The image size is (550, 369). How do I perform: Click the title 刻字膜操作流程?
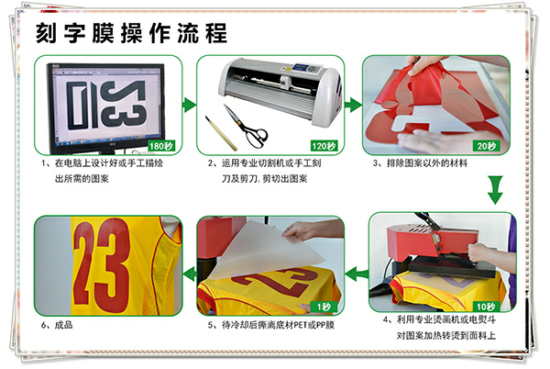[x=131, y=33]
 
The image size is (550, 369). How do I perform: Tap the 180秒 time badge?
[x=161, y=146]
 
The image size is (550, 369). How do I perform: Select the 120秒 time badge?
[x=324, y=146]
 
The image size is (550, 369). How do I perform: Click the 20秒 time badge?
[x=487, y=146]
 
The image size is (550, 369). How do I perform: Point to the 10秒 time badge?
[x=486, y=307]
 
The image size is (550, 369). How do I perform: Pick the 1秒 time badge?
[x=324, y=307]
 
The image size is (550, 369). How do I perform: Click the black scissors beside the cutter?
[x=247, y=127]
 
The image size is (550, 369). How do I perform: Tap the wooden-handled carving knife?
[x=221, y=133]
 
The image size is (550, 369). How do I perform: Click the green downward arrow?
[x=495, y=190]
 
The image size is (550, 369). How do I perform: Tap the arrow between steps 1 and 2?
[x=190, y=105]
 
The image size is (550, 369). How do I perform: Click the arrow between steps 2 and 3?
[x=353, y=105]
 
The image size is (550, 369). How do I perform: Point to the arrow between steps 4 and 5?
[x=357, y=274]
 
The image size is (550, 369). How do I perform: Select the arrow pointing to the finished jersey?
[x=190, y=274]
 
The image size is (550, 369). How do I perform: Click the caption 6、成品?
[x=57, y=325]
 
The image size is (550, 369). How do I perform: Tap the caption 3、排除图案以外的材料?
[x=420, y=162]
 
